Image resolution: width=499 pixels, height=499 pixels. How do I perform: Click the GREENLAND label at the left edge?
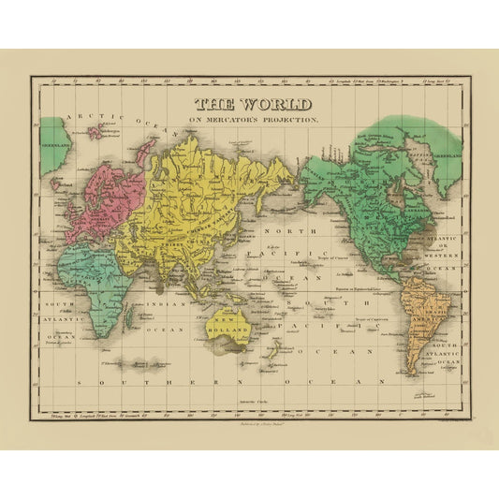55,145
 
